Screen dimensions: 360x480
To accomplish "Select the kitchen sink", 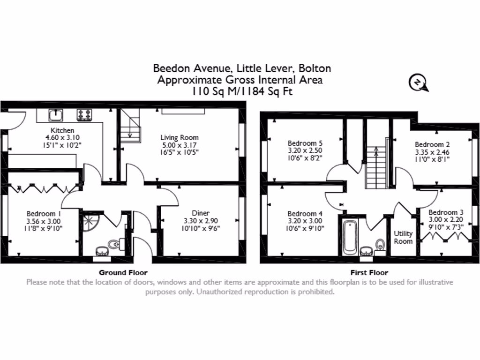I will [x=57, y=114].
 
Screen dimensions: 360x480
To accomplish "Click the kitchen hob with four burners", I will [x=84, y=114].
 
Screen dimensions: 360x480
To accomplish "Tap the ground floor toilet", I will [x=114, y=244].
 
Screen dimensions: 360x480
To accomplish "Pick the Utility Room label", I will [x=403, y=237].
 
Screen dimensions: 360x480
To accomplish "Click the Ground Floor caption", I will [x=123, y=272].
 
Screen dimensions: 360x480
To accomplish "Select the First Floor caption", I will [x=369, y=272].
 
